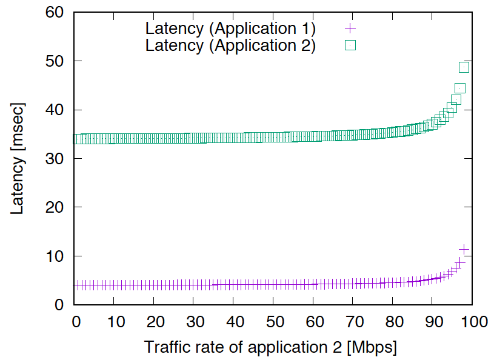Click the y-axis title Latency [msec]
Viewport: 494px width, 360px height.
pos(18,159)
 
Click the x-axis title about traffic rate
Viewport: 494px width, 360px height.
pos(270,348)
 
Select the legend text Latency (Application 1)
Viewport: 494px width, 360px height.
pos(230,28)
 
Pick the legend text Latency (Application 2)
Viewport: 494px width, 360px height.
pos(230,45)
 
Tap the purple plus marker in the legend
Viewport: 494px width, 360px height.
pos(350,28)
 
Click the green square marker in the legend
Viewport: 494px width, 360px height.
pos(350,45)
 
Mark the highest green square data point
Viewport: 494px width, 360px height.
pos(464,67)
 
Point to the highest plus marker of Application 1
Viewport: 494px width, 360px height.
pos(464,249)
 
